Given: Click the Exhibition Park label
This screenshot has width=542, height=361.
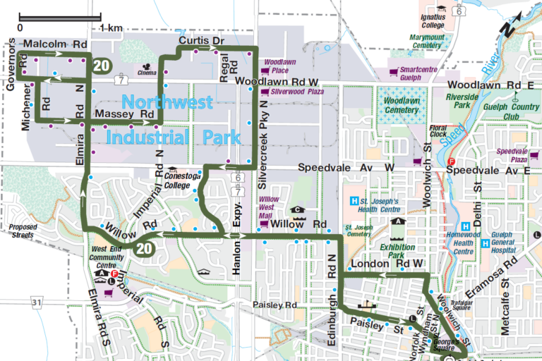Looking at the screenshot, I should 398,252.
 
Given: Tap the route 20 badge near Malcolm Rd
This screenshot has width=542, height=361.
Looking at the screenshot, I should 102,65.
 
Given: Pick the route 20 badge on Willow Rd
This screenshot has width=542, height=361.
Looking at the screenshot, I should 145,248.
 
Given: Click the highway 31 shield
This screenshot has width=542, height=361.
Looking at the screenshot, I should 37,302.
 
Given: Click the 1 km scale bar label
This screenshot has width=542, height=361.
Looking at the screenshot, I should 111,27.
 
